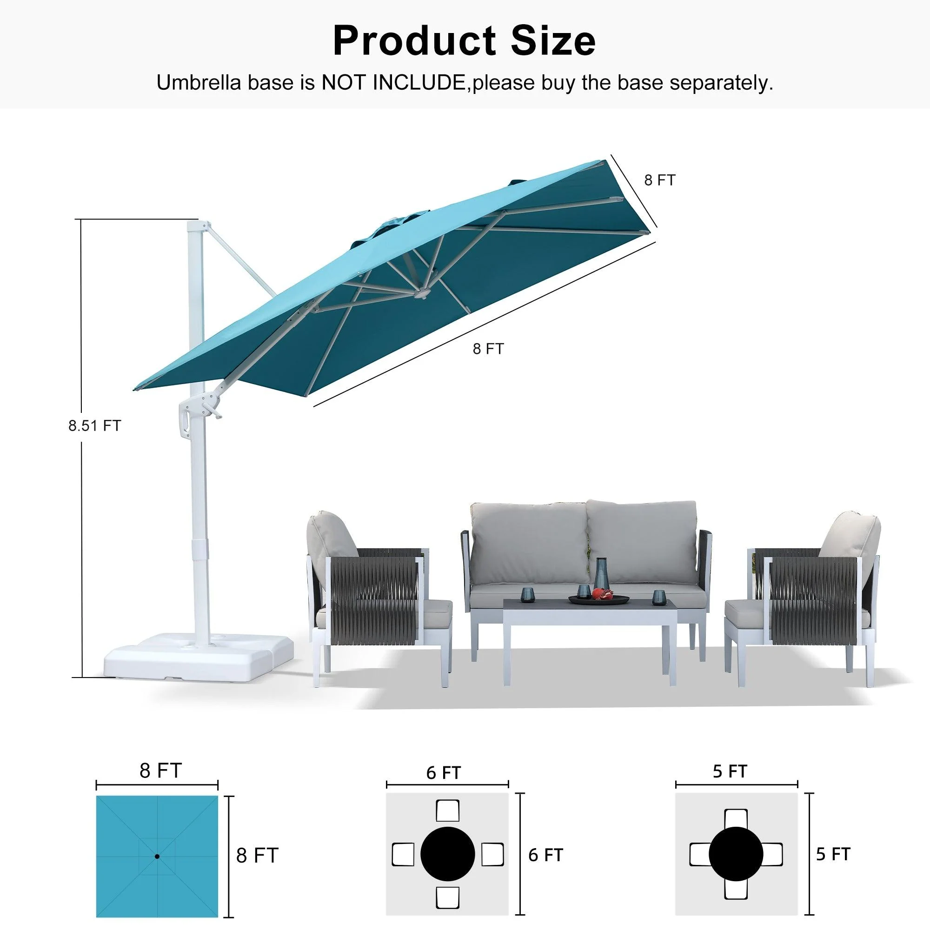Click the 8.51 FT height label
click(x=94, y=425)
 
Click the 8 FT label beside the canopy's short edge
click(x=660, y=180)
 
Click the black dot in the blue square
click(x=157, y=857)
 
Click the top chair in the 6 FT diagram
click(x=447, y=811)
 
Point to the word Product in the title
click(x=414, y=41)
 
